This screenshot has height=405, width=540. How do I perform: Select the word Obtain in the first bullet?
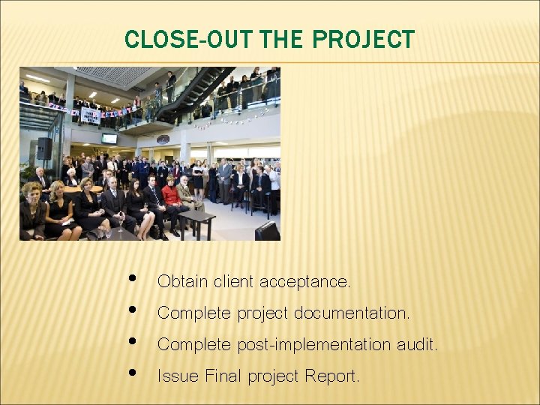[182, 282]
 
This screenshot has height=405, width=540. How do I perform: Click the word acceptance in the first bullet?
[304, 282]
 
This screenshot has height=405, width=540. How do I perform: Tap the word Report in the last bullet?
[332, 376]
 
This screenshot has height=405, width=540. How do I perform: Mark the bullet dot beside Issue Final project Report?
[132, 372]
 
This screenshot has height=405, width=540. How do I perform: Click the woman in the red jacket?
[172, 196]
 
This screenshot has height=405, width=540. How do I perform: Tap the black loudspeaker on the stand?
[44, 148]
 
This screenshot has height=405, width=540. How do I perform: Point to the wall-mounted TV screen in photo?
[109, 139]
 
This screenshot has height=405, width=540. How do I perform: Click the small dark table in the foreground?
[196, 219]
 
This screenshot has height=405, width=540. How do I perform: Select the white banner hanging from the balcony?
[90, 115]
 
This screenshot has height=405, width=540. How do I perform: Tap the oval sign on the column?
[163, 139]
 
